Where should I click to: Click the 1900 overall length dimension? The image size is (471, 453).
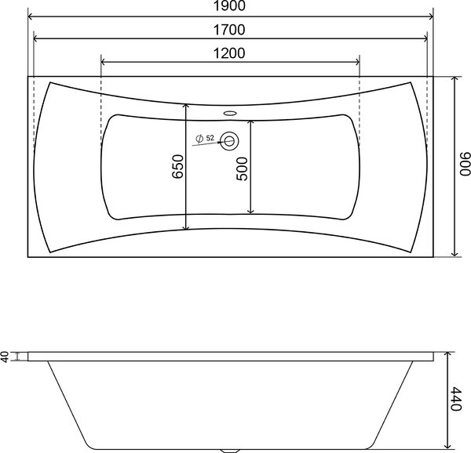click(229, 6)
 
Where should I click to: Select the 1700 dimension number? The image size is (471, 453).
click(229, 30)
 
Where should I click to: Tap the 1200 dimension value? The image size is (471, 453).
click(229, 53)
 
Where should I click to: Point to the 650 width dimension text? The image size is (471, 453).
click(178, 167)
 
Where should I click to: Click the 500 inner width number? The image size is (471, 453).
click(242, 169)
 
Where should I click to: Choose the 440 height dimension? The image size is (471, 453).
click(457, 399)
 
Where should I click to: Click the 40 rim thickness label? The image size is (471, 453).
click(5, 357)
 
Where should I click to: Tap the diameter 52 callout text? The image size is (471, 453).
click(205, 138)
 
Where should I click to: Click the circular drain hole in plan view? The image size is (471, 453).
click(229, 140)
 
